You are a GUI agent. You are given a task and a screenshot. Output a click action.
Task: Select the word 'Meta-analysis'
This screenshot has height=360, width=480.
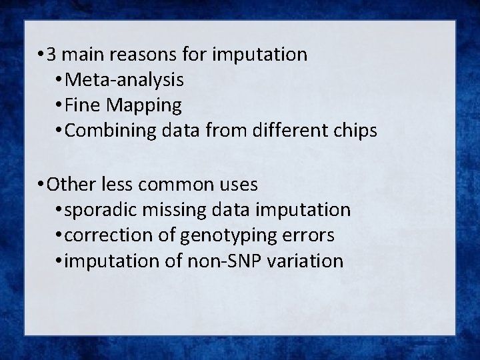click(x=125, y=80)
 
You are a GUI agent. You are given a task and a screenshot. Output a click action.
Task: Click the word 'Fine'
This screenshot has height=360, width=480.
click(x=84, y=105)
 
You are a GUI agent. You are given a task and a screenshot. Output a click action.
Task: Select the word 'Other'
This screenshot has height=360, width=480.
click(x=70, y=183)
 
